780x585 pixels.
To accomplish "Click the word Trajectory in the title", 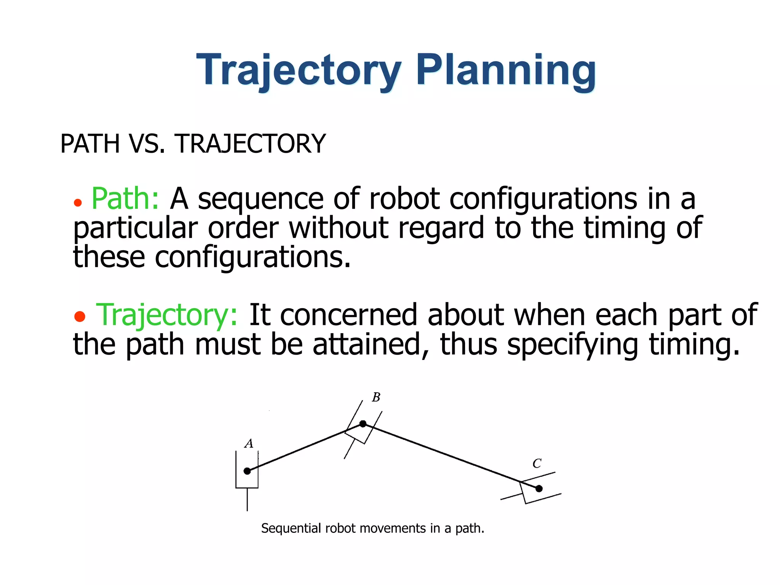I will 299,70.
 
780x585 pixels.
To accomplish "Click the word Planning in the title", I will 505,70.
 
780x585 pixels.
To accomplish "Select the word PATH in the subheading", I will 90,144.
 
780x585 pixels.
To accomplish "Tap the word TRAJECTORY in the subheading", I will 250,144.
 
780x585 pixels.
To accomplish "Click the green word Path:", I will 125,199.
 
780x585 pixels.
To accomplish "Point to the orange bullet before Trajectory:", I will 80,316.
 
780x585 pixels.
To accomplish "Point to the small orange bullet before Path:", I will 78,203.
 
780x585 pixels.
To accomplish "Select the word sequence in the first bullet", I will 261,200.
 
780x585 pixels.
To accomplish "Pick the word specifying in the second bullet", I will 572,345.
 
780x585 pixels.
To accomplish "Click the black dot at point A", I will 247,471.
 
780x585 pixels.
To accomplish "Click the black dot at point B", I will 363,424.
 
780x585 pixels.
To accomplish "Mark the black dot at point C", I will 539,488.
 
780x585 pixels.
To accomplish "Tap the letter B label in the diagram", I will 376,397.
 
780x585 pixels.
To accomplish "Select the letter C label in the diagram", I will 537,464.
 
